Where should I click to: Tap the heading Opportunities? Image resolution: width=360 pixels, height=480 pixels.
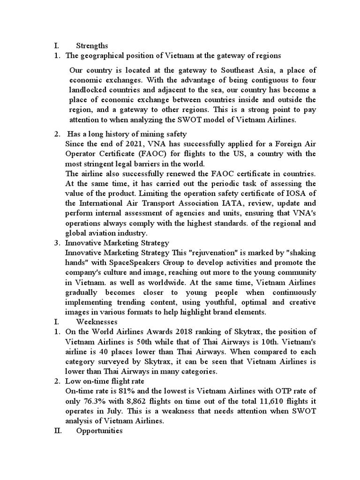(x=99, y=430)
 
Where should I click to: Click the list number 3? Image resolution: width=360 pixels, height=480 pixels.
(x=56, y=243)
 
